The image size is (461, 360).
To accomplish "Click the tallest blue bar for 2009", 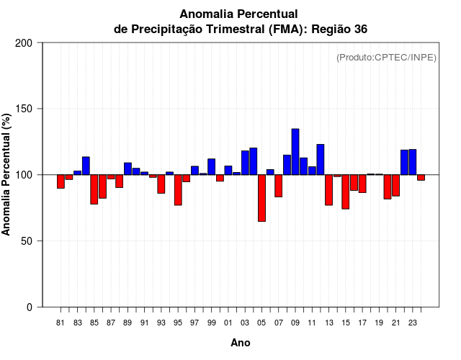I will [295, 151].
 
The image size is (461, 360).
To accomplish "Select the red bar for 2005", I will [261, 197].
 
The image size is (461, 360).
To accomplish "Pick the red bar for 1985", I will [94, 189].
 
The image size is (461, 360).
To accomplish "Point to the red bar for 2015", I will [346, 192].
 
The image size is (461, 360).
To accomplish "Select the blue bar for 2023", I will [413, 162].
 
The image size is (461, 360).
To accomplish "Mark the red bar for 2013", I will [328, 189].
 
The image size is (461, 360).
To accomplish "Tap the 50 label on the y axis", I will [27, 241].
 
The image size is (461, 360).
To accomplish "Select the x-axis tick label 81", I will [61, 323].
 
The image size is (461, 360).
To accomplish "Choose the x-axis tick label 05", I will [261, 323].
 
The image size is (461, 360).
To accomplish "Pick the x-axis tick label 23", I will [413, 323].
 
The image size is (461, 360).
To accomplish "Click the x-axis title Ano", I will [241, 343].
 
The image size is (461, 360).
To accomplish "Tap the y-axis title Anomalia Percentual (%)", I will [7, 174].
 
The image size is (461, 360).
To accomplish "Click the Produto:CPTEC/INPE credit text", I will [386, 58].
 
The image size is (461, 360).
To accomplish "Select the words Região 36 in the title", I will [341, 29].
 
